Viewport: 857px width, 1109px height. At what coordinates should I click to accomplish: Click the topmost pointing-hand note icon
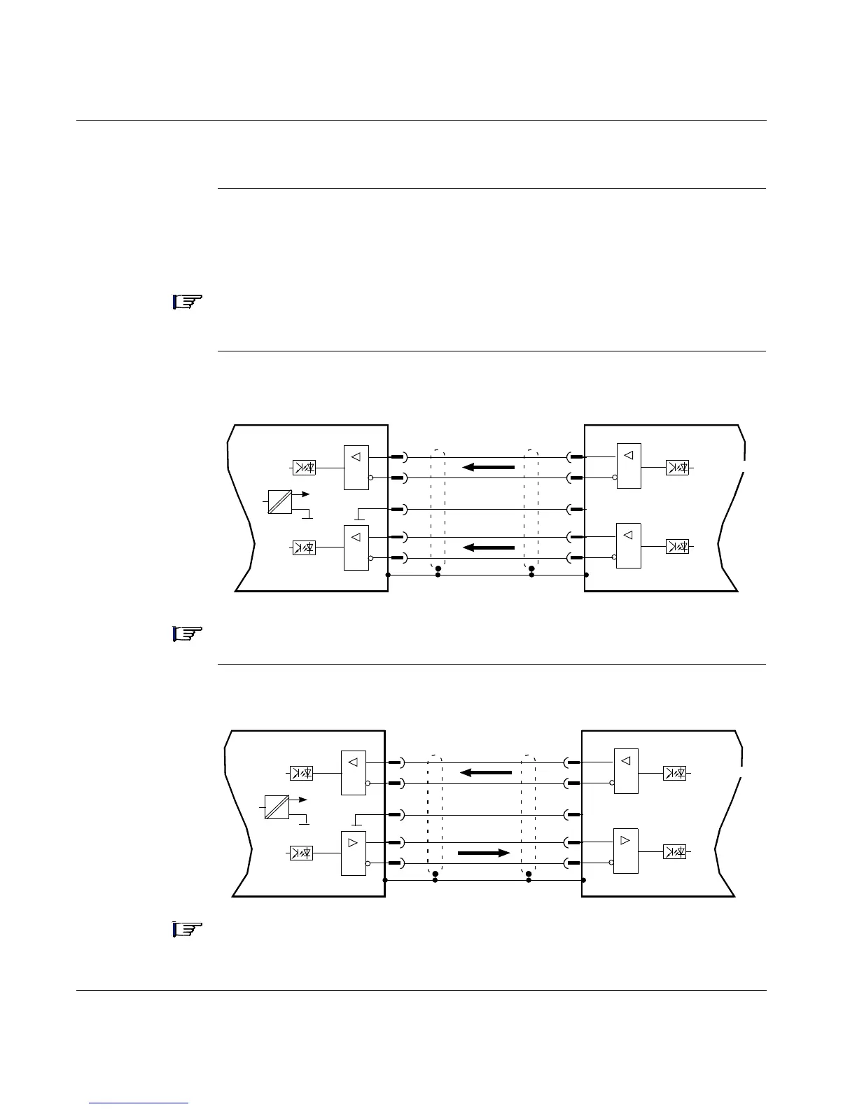pos(187,302)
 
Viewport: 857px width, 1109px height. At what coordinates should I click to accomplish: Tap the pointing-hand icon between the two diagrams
pos(187,634)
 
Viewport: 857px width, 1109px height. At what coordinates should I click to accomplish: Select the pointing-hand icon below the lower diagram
pos(187,930)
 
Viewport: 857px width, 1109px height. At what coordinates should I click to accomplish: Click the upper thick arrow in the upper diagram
pos(489,467)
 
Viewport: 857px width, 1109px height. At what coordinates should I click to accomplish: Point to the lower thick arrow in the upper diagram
pos(489,547)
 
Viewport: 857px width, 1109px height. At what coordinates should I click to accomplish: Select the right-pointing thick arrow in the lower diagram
pos(483,853)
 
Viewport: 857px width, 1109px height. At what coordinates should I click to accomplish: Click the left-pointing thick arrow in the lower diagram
pos(486,773)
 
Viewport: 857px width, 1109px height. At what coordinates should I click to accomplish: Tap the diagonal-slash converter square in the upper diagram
pos(279,502)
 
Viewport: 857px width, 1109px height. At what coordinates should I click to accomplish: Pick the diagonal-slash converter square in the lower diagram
pos(277,807)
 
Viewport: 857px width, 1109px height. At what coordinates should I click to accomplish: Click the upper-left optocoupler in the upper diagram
pos(303,467)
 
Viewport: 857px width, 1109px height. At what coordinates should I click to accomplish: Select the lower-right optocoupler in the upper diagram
pos(677,547)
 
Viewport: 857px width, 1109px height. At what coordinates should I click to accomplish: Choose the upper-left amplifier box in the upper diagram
pos(356,467)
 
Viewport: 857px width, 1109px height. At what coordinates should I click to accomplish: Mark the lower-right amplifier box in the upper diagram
pos(629,545)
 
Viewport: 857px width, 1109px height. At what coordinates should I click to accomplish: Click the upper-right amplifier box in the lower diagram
pos(626,772)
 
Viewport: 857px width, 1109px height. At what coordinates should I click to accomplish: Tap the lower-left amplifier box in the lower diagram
pos(353,853)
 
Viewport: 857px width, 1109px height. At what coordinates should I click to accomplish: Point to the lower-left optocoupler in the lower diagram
pos(301,853)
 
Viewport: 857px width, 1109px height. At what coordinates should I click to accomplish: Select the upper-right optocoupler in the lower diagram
pos(674,773)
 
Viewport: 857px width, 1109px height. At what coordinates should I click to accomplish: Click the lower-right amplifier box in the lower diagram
pos(626,851)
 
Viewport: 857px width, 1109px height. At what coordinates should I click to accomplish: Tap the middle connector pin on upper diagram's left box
pos(398,508)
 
